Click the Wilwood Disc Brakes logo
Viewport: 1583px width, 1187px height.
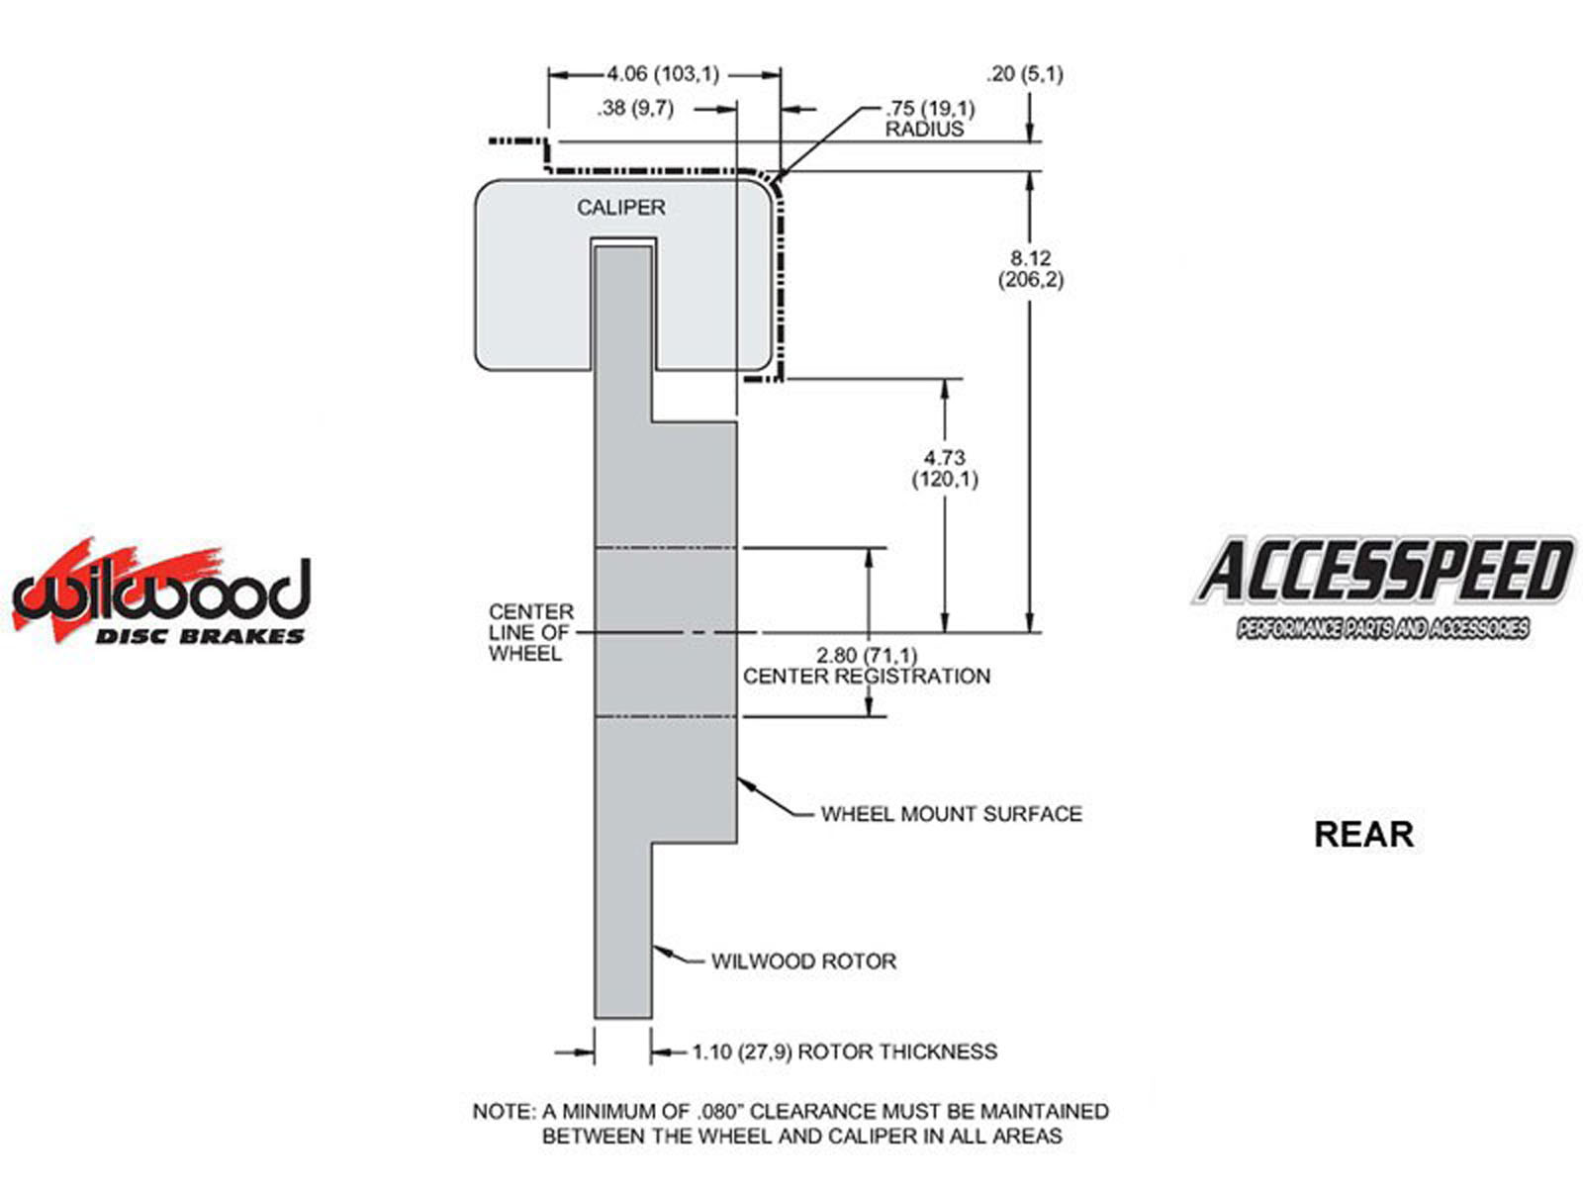tap(161, 593)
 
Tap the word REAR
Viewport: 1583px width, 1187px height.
tap(1362, 834)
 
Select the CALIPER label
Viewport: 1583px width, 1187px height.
tap(621, 208)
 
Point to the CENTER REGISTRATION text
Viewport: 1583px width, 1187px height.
tap(867, 677)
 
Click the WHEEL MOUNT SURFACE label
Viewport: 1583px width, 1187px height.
tap(951, 814)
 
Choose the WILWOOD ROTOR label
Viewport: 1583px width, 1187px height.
tap(803, 961)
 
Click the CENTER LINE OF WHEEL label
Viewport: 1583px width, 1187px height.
tap(530, 633)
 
